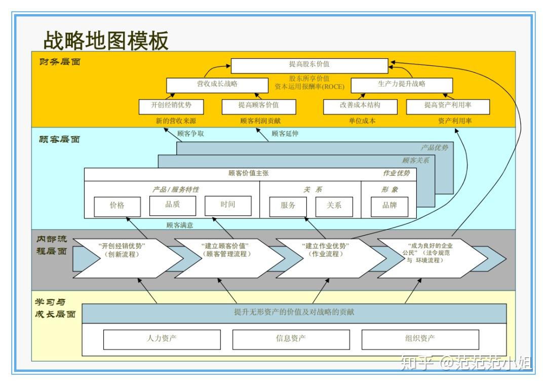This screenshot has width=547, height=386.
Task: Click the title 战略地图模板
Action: tap(106, 40)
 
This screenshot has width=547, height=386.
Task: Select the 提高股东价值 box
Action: tap(309, 66)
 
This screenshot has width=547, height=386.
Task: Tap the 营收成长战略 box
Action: tap(217, 85)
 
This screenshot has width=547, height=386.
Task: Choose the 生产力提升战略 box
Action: tap(402, 85)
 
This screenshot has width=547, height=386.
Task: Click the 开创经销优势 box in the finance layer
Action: tap(171, 106)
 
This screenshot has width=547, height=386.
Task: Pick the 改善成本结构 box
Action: tap(360, 106)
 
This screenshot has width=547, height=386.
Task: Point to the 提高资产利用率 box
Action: tap(448, 106)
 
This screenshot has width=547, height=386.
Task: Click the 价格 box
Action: tap(117, 206)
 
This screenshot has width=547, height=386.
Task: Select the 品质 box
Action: tap(172, 206)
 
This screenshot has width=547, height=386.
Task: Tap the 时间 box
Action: tap(228, 206)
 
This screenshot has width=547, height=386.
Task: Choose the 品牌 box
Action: tap(389, 206)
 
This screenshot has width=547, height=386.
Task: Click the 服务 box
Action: tap(288, 206)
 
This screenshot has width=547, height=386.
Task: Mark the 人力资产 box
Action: tap(162, 339)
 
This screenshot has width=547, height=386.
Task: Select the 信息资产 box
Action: tap(291, 339)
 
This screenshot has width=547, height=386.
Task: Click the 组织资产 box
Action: tap(420, 339)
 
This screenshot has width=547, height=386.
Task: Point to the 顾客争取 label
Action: tap(190, 134)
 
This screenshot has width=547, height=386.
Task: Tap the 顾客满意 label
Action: tap(180, 225)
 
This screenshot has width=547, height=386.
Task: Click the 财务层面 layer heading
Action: tap(60, 62)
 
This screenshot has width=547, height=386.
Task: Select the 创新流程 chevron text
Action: tap(122, 254)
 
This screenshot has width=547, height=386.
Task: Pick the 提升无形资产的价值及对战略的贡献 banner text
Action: tap(294, 312)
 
